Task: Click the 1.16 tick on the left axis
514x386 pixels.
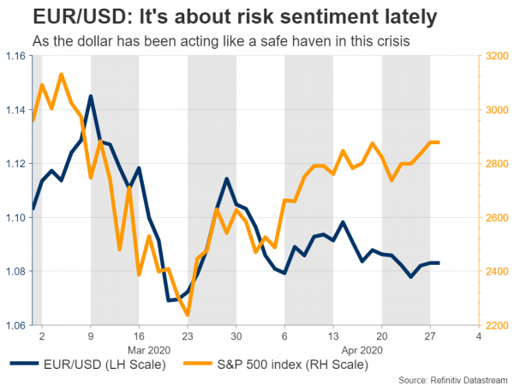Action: click(15, 56)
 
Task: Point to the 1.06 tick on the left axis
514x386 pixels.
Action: click(15, 325)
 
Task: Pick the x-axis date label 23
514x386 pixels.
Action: click(188, 337)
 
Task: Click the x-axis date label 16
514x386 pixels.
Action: click(139, 337)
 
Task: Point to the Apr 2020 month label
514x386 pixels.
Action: click(363, 351)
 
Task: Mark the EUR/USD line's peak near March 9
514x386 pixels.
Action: click(90, 96)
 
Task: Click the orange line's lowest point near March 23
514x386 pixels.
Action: click(188, 315)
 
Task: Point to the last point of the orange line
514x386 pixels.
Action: click(439, 142)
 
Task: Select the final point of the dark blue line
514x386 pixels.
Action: click(439, 263)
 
